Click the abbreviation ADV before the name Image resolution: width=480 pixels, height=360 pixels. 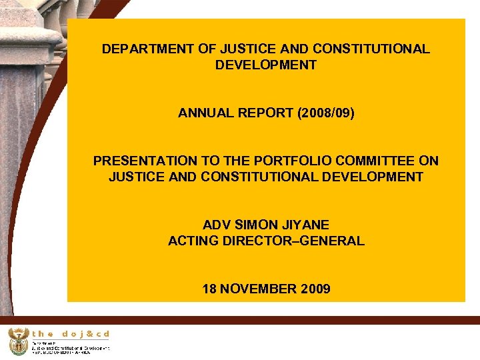[x=217, y=225]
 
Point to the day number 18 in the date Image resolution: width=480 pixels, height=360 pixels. [x=210, y=289]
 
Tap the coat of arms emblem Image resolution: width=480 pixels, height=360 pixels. [x=18, y=341]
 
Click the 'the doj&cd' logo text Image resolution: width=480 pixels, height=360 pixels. [x=71, y=334]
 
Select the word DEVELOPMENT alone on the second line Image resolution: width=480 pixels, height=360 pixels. [x=266, y=65]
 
